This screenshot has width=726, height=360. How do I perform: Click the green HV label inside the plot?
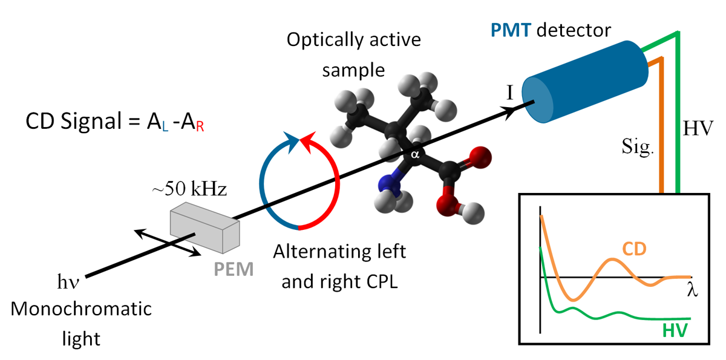(x=676, y=330)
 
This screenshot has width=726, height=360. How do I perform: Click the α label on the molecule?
(x=415, y=155)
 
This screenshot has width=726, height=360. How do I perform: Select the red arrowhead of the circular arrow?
(x=309, y=143)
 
